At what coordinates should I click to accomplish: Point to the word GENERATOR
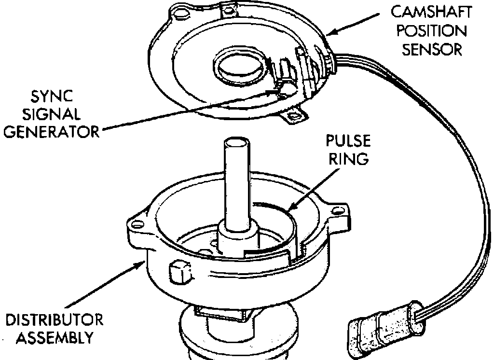pos(52,132)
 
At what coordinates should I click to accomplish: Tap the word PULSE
pos(348,141)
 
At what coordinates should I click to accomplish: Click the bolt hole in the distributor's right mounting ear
pos(343,209)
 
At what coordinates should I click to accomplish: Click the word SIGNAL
pos(52,114)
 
